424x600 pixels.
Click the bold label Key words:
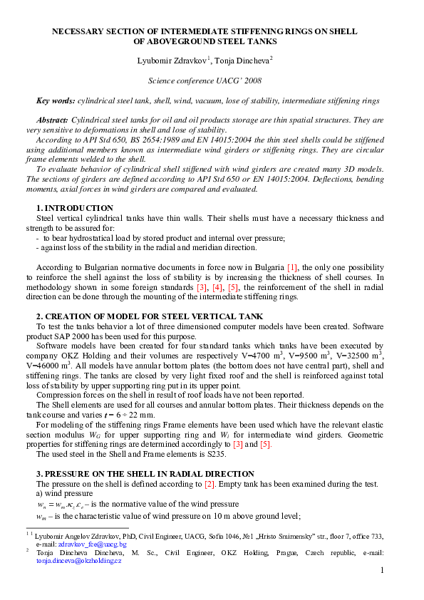pos(56,102)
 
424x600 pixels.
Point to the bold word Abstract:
pos(52,120)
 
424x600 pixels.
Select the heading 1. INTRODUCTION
pos(74,207)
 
